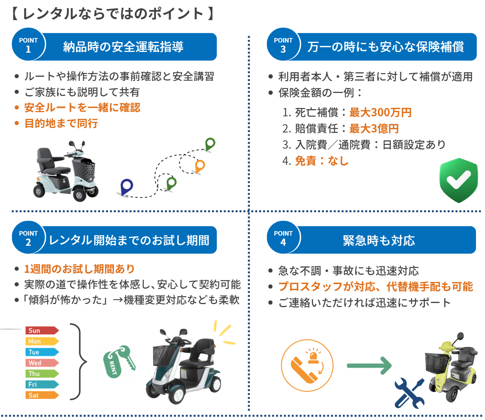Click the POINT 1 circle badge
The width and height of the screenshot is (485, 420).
28,44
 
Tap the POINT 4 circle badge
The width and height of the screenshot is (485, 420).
283,237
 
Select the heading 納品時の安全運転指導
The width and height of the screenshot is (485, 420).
123,47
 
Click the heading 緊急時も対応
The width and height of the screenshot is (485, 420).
379,240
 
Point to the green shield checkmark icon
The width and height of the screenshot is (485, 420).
458,180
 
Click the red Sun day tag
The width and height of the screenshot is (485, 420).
41,330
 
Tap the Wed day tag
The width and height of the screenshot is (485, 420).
41,363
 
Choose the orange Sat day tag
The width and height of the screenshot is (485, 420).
41,395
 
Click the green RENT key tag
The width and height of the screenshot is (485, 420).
117,361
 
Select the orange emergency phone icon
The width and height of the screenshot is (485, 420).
307,365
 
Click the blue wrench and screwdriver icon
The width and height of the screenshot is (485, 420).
409,393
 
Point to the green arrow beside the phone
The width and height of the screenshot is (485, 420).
369,365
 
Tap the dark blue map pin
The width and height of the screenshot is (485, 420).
127,186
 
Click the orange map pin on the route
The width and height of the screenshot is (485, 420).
200,166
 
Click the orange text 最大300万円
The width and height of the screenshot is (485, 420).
380,113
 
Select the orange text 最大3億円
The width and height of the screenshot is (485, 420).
374,129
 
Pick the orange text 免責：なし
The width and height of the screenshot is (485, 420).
322,161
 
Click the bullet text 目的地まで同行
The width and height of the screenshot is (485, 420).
61,123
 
